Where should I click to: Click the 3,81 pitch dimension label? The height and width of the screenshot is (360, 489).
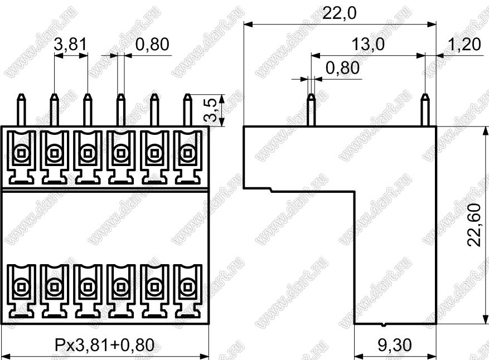point(70,44)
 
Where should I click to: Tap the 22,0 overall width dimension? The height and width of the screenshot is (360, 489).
point(339,13)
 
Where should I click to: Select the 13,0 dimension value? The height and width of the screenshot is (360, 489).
point(368,44)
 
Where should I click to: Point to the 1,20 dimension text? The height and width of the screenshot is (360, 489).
point(464,44)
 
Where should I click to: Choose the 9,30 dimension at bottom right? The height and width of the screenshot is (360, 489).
point(395,345)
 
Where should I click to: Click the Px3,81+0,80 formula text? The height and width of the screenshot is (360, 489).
point(105,345)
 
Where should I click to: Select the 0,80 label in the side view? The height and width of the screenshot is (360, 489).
point(342,68)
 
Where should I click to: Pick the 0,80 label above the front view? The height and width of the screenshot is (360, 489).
point(153,44)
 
